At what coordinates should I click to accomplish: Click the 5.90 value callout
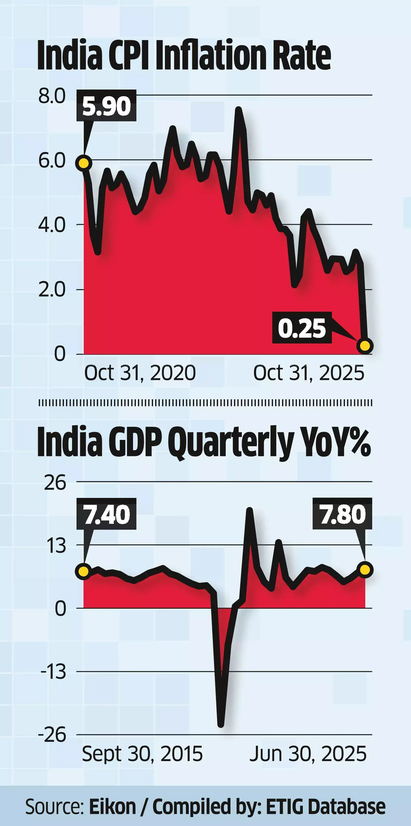106,106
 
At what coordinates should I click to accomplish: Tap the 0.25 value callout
302,328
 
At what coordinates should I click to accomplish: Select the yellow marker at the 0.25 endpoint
365,346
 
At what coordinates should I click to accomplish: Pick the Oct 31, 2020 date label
140,373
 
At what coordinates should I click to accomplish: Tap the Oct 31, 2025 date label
309,373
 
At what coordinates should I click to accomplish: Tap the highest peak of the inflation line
238,110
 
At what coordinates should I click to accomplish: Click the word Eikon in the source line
113,807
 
